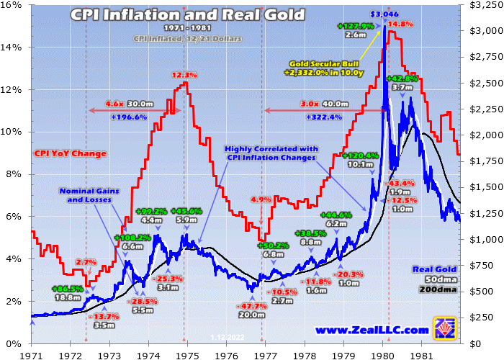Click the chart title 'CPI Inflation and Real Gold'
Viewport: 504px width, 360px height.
187,15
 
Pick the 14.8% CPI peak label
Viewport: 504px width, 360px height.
401,24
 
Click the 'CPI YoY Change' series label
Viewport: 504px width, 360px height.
70,153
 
